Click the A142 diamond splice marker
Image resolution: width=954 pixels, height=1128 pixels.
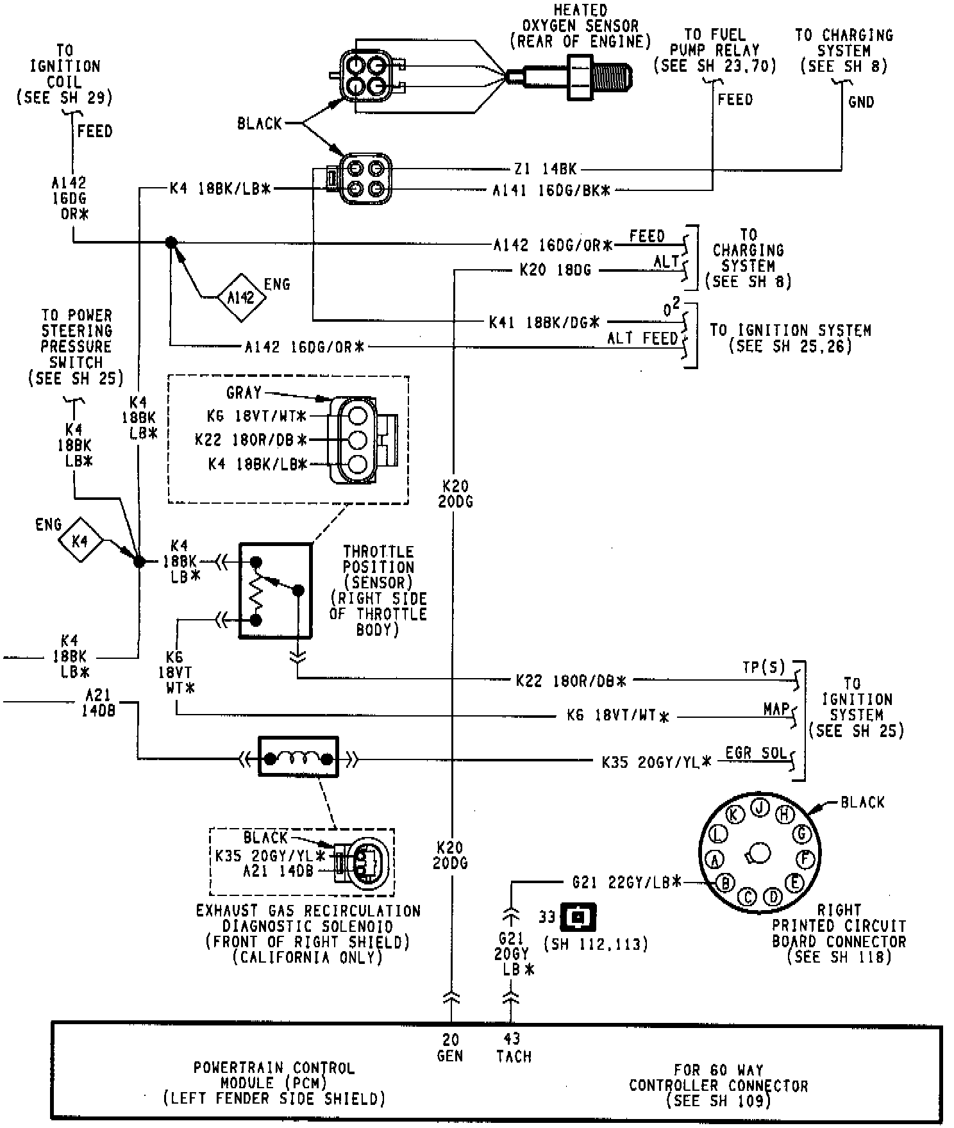click(240, 297)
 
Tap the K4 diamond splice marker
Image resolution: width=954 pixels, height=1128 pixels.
click(80, 540)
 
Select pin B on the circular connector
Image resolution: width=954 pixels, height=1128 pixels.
click(725, 883)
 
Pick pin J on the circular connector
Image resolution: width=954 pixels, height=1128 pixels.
click(760, 808)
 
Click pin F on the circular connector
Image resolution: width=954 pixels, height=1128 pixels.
click(805, 858)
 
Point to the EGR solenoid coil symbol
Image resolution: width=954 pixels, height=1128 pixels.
click(298, 759)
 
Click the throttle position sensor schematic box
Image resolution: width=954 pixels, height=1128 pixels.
click(276, 590)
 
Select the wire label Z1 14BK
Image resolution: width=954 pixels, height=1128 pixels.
click(546, 169)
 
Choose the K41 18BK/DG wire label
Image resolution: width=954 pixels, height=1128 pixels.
click(544, 322)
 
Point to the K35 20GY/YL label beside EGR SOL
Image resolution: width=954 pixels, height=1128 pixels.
click(657, 762)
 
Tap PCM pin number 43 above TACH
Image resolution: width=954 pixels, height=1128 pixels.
click(512, 1038)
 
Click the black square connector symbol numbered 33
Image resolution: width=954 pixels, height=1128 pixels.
click(578, 917)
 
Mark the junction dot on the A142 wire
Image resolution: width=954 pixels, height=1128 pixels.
click(171, 242)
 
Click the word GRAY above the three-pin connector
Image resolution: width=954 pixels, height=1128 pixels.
click(244, 392)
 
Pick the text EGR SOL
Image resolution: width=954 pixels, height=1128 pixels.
click(756, 752)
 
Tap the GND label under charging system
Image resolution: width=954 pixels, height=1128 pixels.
click(860, 101)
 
